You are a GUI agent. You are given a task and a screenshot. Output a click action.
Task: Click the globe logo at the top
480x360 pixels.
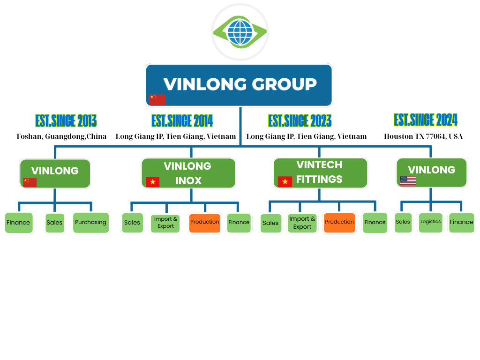coord(240,31)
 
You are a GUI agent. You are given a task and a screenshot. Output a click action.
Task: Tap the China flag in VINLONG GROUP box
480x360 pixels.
coord(157,99)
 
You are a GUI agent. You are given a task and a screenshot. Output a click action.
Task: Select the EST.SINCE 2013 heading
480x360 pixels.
coord(66,121)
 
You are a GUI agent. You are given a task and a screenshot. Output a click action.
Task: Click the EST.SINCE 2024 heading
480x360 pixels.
coord(426,120)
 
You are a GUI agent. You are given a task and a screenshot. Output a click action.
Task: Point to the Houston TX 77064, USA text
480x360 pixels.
coord(423,136)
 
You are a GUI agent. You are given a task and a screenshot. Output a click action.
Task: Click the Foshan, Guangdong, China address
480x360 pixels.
coord(61,136)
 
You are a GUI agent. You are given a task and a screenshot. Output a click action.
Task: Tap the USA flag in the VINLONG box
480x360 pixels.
coord(408,181)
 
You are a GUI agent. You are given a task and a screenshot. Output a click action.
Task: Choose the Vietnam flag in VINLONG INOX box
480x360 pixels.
coord(152,182)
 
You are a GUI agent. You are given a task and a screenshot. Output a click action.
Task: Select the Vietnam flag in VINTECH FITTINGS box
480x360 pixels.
coord(285,181)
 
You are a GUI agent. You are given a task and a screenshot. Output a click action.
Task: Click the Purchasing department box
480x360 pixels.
coord(90,223)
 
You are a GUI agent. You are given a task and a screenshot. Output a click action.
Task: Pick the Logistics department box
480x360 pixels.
coord(430,222)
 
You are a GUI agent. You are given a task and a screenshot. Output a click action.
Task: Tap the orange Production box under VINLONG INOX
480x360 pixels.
coord(204,222)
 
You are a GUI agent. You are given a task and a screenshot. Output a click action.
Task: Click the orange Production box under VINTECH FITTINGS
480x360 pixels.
coord(339,222)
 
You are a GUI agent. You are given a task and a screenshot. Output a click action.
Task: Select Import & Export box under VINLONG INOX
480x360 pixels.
coord(165,223)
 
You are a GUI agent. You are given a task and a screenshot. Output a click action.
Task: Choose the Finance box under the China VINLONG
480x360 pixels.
coord(18,223)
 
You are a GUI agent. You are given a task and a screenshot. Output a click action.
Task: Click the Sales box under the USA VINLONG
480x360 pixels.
coord(403,222)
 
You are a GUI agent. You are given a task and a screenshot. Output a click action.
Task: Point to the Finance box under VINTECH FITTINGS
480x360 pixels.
coord(375,223)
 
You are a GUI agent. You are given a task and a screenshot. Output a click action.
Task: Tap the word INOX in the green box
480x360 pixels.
coord(188,181)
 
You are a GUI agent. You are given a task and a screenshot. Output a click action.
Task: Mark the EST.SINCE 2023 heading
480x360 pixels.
coord(300,121)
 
